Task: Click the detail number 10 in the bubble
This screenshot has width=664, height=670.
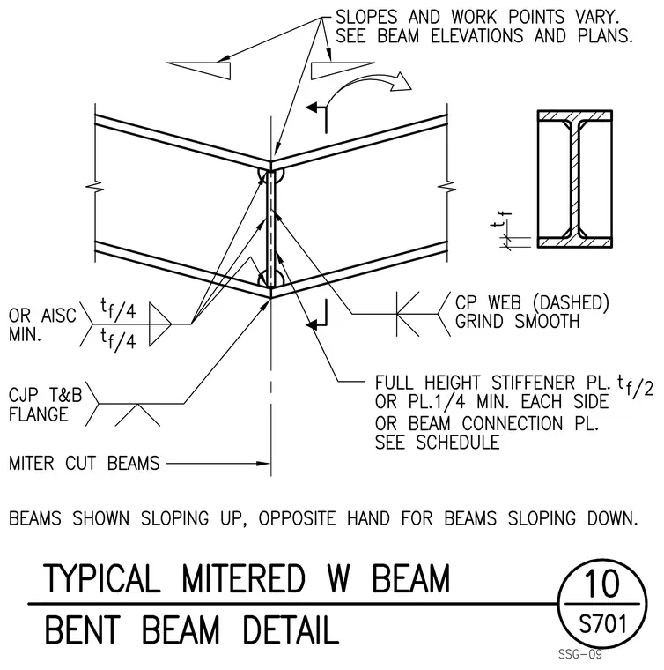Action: click(x=601, y=584)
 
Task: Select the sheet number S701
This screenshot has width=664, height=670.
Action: click(x=602, y=624)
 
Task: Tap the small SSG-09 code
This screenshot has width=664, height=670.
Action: click(x=580, y=654)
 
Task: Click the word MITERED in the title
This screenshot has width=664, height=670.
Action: click(x=243, y=578)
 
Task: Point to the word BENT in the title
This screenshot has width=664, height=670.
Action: click(x=83, y=629)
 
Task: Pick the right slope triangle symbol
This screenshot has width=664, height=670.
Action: click(x=343, y=71)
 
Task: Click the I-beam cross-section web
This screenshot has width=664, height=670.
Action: click(x=575, y=180)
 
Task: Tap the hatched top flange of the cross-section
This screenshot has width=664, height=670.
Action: click(x=575, y=115)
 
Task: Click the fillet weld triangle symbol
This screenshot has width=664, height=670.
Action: click(x=159, y=324)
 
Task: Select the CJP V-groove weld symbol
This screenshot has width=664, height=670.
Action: click(x=137, y=414)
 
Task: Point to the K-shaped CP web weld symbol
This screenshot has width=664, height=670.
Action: click(x=408, y=315)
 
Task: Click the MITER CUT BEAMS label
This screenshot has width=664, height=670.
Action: click(x=84, y=463)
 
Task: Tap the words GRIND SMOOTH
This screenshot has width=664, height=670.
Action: click(x=517, y=321)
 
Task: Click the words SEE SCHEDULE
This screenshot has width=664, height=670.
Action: click(x=437, y=443)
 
